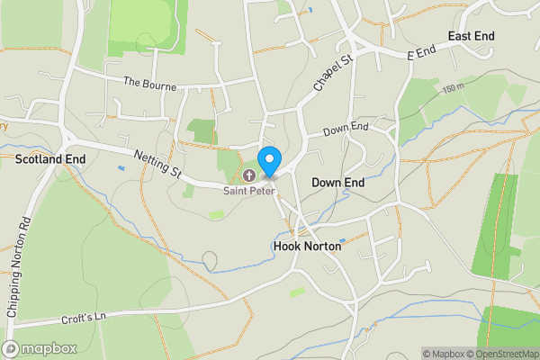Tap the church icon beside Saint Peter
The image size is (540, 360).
click(248, 174)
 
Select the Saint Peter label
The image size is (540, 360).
click(249, 190)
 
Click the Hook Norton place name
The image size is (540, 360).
click(307, 245)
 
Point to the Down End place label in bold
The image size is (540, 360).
click(337, 182)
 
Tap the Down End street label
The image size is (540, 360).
click(347, 130)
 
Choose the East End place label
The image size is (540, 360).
click(472, 36)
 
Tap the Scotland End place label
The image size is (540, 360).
click(50, 158)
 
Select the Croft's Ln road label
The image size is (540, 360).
click(86, 316)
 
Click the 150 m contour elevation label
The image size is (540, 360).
click(454, 88)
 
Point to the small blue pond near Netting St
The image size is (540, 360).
click(121, 167)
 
